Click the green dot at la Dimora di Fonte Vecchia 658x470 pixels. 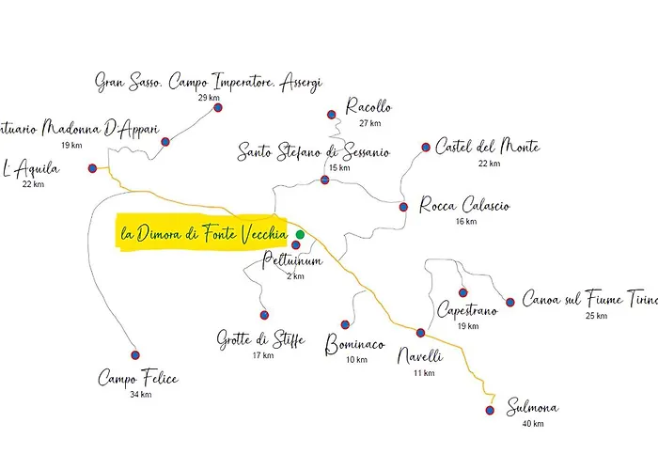(x=300, y=234)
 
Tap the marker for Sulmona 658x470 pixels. (x=490, y=410)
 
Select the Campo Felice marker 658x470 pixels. (x=134, y=355)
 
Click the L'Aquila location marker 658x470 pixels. (x=92, y=169)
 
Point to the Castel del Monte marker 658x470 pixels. (x=426, y=147)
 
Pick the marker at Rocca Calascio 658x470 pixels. (x=403, y=207)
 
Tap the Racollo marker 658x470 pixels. (x=331, y=115)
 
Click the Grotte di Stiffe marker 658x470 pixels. (x=264, y=315)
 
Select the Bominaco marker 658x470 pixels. (x=345, y=324)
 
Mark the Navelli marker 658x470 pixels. (x=421, y=333)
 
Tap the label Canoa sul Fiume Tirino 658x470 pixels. (x=588, y=299)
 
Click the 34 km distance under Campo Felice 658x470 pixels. (x=140, y=394)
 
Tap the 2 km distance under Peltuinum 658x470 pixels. (x=295, y=276)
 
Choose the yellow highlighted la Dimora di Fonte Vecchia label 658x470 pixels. (x=202, y=233)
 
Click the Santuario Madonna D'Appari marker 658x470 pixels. (x=165, y=142)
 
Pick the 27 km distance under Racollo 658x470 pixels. (x=369, y=123)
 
